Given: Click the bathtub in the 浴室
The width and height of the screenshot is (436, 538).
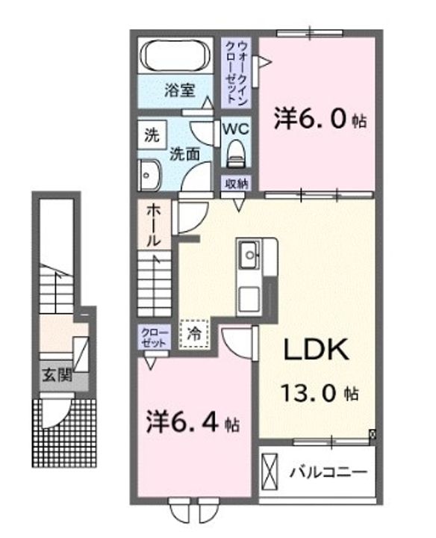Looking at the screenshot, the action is click(x=175, y=56).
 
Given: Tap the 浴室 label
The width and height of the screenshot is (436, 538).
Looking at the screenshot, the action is click(x=179, y=90).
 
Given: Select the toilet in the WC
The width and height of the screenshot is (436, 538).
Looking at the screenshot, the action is click(x=236, y=153).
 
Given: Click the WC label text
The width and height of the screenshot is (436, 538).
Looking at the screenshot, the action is click(x=236, y=129).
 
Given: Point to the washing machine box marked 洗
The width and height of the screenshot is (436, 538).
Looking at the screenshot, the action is click(x=152, y=134).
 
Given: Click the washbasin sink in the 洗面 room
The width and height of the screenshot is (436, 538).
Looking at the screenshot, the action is click(x=149, y=176).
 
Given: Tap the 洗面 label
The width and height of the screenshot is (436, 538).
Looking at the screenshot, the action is click(x=184, y=155).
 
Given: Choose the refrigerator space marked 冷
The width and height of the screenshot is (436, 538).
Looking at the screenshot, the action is click(x=194, y=334).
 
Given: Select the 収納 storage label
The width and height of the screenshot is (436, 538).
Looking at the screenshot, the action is click(x=236, y=184).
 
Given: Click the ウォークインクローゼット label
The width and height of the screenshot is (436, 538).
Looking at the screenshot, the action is click(x=237, y=72).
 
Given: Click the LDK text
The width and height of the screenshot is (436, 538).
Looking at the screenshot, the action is click(x=317, y=350).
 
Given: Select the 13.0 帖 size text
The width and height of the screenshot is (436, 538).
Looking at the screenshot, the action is click(x=320, y=393).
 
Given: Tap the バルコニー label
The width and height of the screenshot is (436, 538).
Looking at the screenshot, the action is click(x=328, y=472).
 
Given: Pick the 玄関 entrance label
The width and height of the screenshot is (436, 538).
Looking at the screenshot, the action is click(x=57, y=375).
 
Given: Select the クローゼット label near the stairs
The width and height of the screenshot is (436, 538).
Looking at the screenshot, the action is click(x=155, y=338).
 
